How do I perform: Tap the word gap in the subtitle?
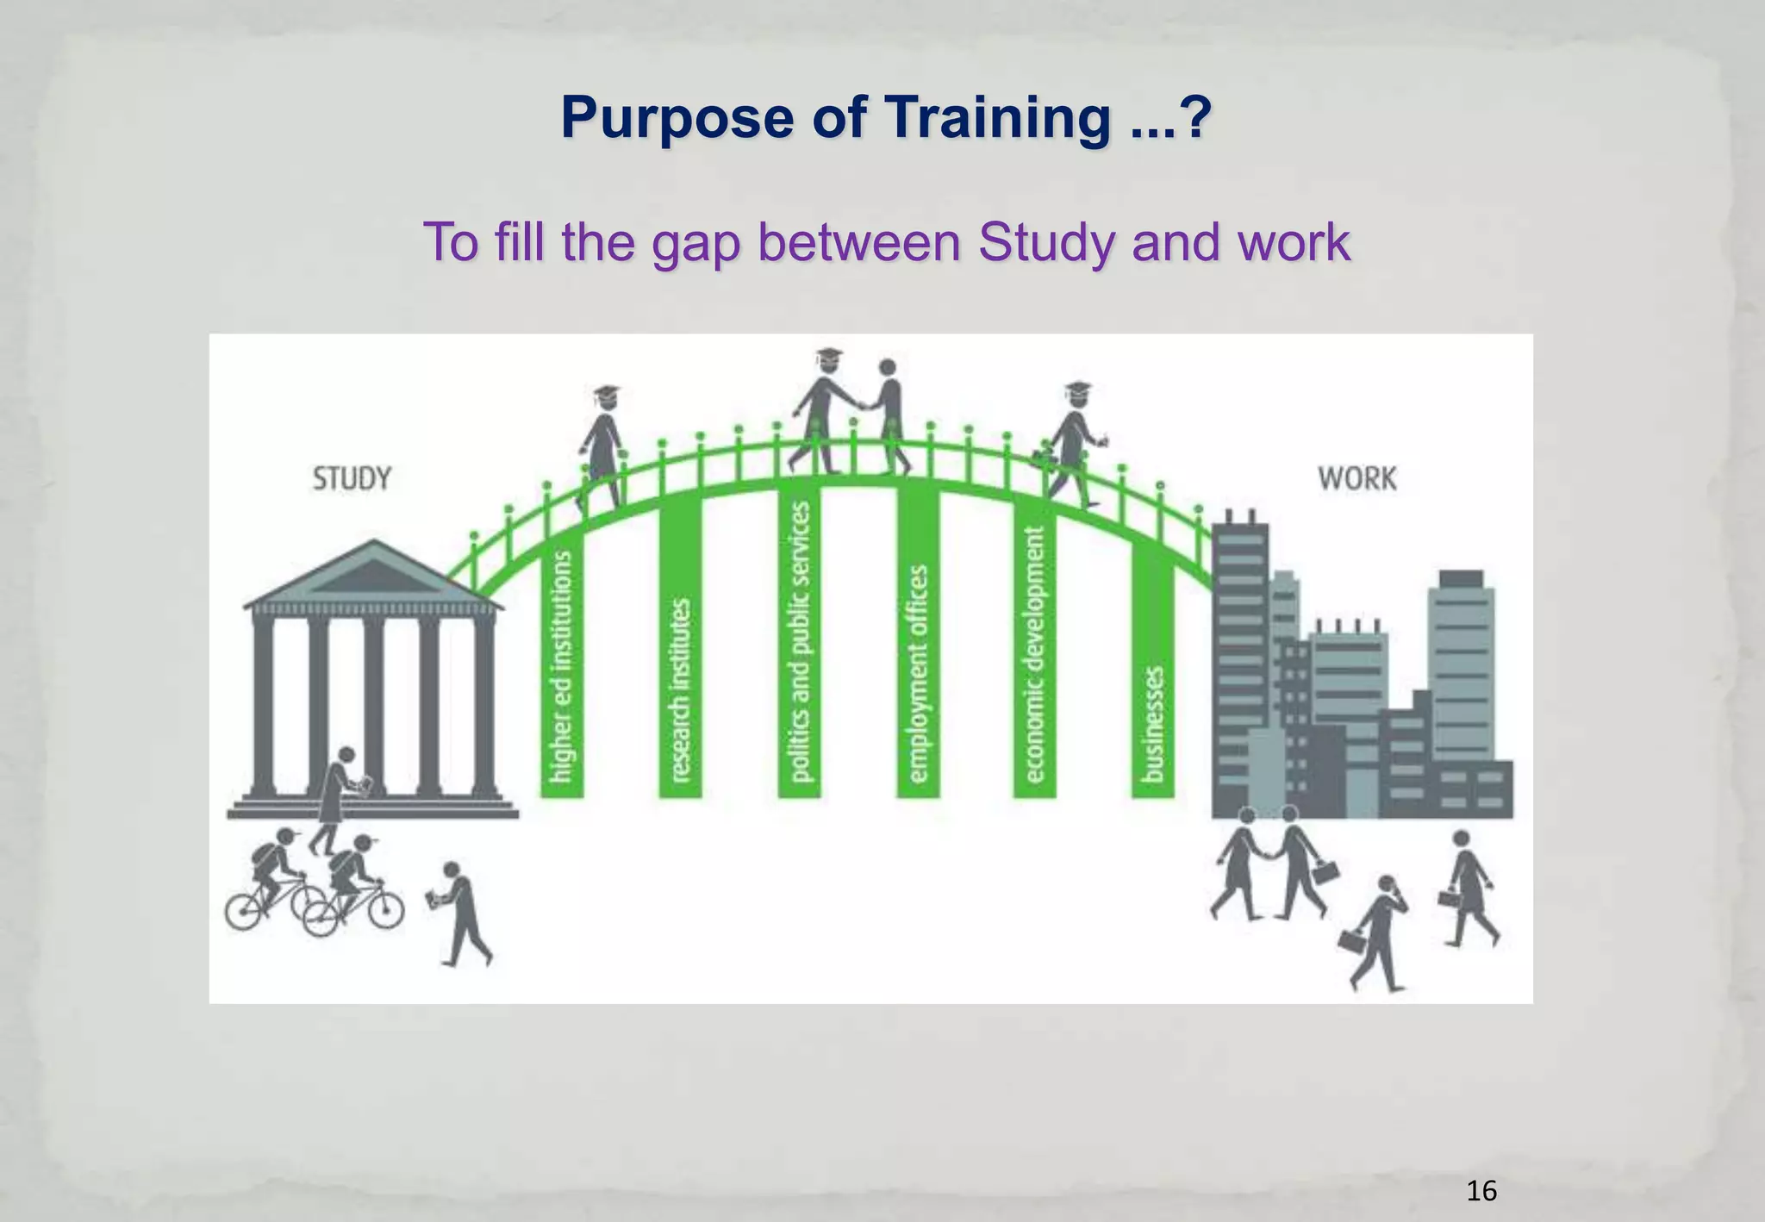695,243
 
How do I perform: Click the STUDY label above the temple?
352,478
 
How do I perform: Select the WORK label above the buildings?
1356,478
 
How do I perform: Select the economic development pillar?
1034,655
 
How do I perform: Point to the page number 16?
1481,1191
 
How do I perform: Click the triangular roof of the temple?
372,573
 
